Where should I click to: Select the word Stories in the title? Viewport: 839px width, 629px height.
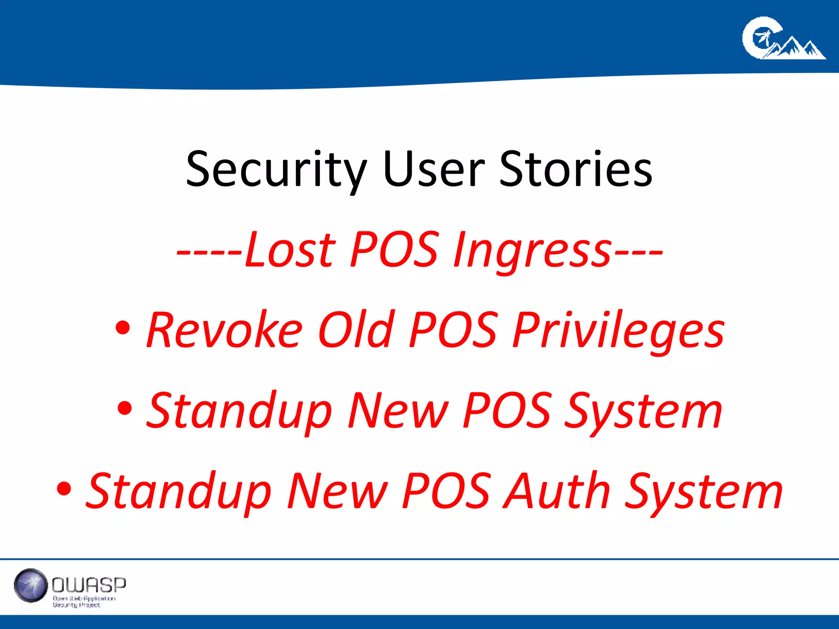tap(575, 169)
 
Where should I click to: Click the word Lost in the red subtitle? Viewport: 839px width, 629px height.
tap(290, 249)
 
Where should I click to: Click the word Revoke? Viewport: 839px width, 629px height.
tap(225, 330)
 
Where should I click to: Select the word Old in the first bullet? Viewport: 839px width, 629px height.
tap(356, 330)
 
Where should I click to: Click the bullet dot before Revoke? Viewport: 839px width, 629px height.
tap(123, 328)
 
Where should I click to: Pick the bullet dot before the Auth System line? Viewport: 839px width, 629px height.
tap(64, 488)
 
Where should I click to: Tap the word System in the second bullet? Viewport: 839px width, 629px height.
tap(644, 411)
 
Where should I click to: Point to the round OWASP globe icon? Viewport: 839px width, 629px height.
tap(31, 585)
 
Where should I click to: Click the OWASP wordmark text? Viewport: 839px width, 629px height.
tap(89, 585)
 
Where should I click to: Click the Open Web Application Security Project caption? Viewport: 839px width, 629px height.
tap(84, 602)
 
